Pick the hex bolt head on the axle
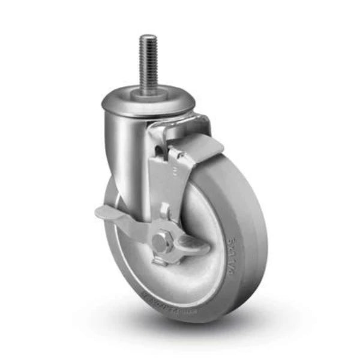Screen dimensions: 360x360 tap(161, 243)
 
